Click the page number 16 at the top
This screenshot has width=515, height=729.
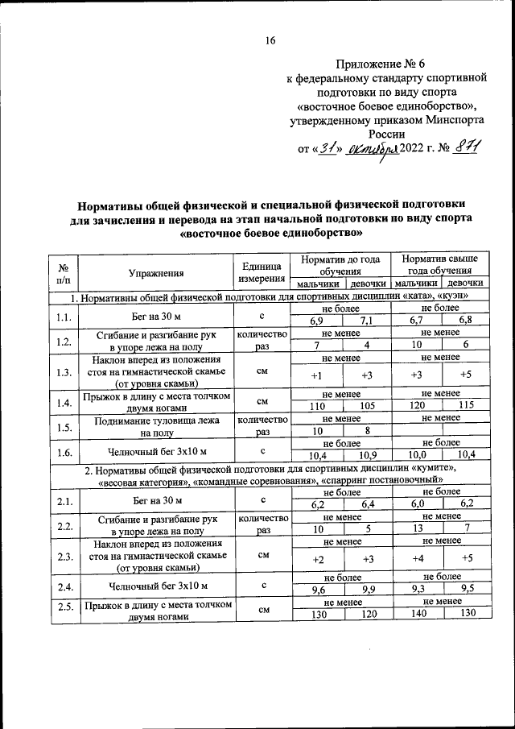click(x=270, y=41)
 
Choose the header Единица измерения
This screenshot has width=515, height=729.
click(x=261, y=272)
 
